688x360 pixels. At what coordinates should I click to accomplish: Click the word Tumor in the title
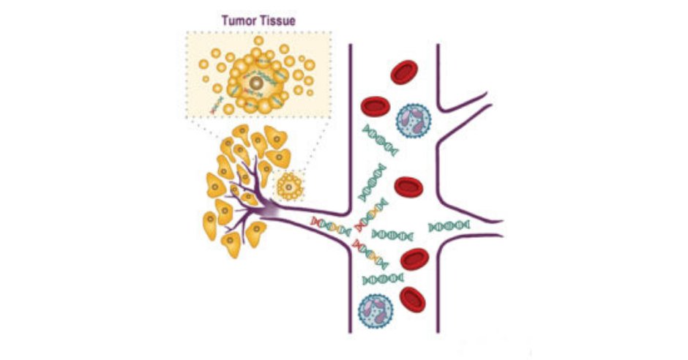pyautogui.click(x=239, y=21)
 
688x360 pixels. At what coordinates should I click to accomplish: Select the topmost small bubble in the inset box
pyautogui.click(x=258, y=40)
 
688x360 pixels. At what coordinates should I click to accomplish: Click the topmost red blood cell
pyautogui.click(x=405, y=71)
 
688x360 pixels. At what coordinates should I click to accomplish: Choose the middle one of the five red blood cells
pyautogui.click(x=408, y=188)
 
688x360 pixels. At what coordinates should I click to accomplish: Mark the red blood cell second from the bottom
pyautogui.click(x=414, y=259)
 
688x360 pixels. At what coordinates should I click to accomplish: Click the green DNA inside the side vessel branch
pyautogui.click(x=449, y=226)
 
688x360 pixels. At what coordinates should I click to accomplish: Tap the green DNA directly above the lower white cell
pyautogui.click(x=382, y=280)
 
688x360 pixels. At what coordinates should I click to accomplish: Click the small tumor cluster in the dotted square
pyautogui.click(x=291, y=187)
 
